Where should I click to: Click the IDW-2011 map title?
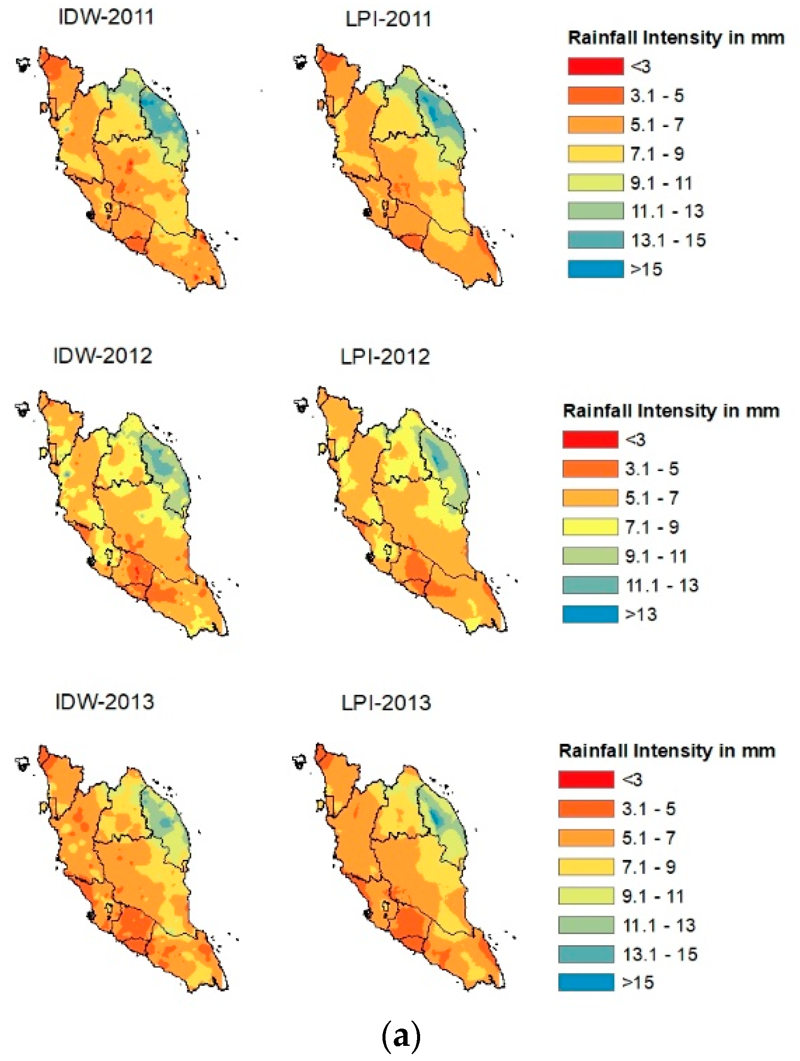point(106,17)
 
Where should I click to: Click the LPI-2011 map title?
point(388,19)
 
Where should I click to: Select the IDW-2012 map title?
point(102,356)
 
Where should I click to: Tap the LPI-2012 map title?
point(385,357)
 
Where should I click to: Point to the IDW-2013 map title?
point(105,702)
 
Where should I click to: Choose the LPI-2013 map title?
point(386,703)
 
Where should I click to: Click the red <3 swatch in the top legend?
point(595,66)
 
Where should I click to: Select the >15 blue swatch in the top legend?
point(595,269)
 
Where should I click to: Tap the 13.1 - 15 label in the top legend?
point(668,240)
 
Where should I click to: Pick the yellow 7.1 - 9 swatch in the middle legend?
point(590,527)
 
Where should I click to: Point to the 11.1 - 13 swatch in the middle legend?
point(590,585)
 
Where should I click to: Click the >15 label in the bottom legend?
point(638,982)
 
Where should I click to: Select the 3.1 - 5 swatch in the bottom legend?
point(586,809)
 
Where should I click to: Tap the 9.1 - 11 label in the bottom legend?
point(653,896)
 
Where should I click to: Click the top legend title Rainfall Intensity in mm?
point(675,38)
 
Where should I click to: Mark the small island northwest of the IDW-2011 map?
point(23,64)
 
